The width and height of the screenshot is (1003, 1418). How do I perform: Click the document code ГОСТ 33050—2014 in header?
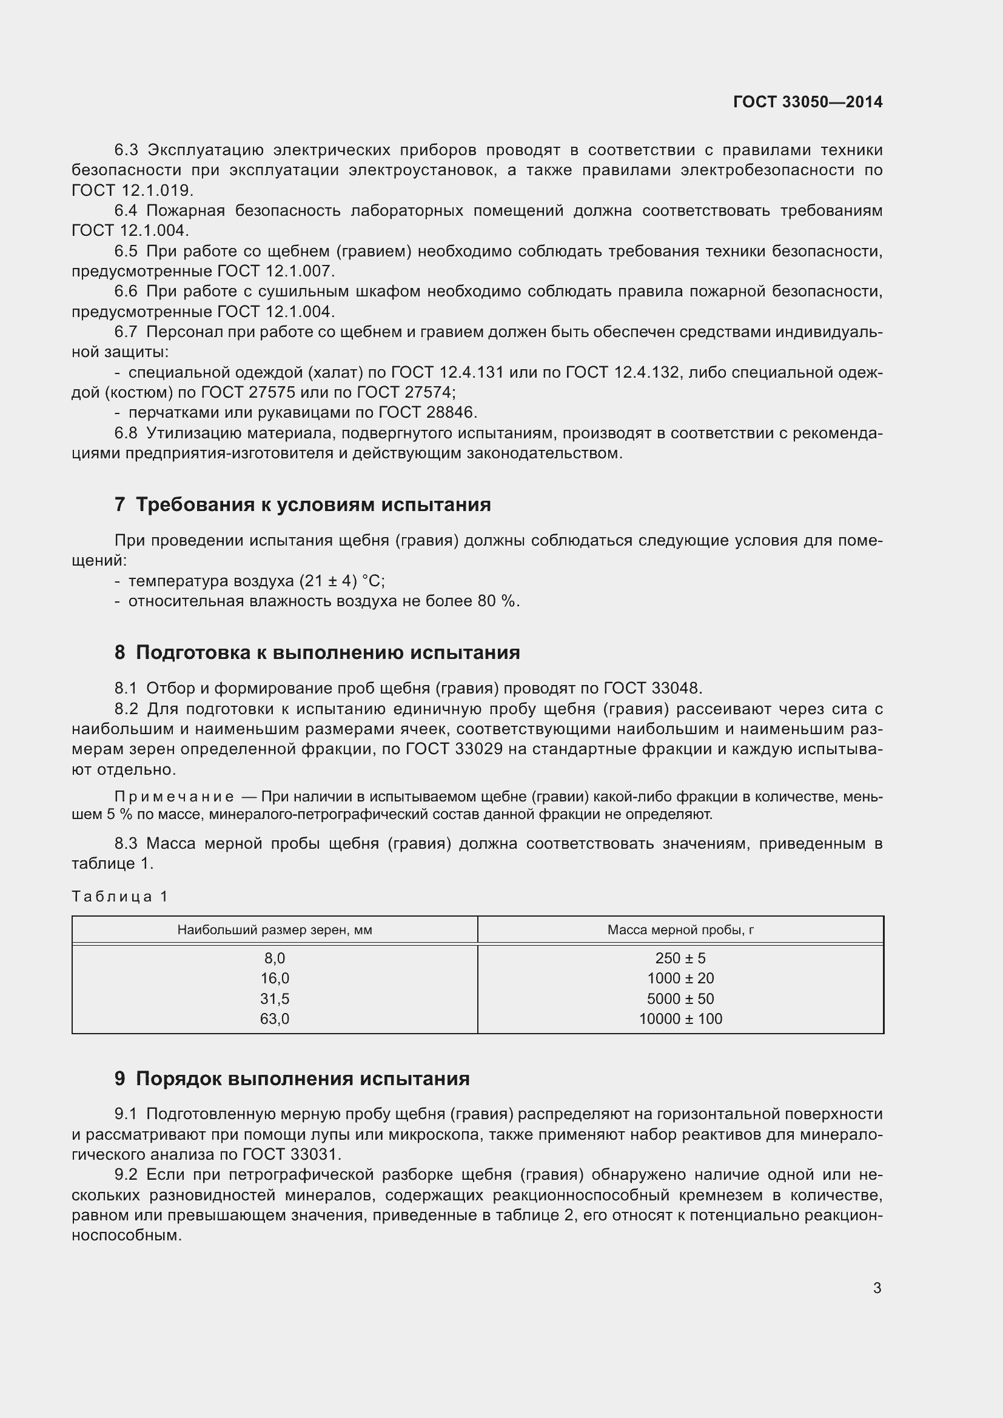(807, 102)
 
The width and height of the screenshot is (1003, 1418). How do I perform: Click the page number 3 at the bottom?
(877, 1288)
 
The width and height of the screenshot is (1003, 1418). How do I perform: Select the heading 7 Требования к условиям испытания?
(303, 504)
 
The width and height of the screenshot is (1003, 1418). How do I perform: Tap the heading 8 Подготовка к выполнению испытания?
(317, 652)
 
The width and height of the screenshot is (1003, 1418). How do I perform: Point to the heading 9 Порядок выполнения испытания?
(292, 1079)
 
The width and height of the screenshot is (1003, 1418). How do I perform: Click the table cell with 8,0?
(274, 958)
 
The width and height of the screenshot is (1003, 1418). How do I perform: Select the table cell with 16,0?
(274, 978)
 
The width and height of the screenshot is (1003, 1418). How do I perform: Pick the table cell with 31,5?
(274, 998)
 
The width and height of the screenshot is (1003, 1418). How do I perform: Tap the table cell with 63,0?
(274, 1018)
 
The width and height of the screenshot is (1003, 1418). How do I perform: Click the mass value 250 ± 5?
(680, 958)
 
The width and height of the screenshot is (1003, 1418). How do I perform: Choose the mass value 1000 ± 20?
(680, 978)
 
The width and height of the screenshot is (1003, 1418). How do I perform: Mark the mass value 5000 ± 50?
(680, 998)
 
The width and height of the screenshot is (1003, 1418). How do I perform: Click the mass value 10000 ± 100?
(680, 1018)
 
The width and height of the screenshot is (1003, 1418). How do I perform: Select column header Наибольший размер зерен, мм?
(274, 929)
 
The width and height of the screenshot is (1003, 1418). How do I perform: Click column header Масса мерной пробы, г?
(680, 929)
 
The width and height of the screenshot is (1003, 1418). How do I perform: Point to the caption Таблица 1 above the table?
(120, 896)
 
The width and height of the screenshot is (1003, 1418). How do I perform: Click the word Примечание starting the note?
(174, 797)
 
